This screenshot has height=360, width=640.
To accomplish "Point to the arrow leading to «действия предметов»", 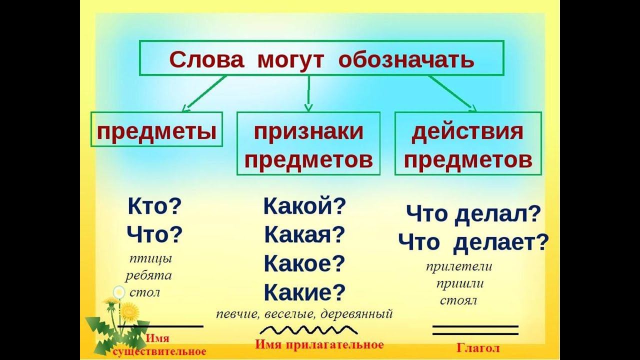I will pyautogui.click(x=450, y=92).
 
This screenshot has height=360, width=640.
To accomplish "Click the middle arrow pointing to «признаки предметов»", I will pyautogui.click(x=308, y=93).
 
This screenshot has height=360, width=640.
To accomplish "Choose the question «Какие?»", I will pyautogui.click(x=304, y=291).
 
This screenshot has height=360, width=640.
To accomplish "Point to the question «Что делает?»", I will pyautogui.click(x=473, y=243).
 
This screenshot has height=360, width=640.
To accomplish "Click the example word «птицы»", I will pyautogui.click(x=150, y=259).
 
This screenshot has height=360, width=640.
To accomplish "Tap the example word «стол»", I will pyautogui.click(x=144, y=292).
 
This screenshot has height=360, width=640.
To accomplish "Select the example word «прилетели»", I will pyautogui.click(x=459, y=266).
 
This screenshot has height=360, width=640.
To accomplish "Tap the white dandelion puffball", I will pyautogui.click(x=119, y=292).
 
